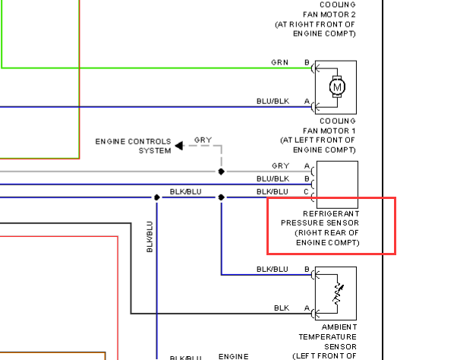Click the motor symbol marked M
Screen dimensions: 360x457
click(336, 87)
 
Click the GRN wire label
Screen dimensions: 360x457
click(279, 62)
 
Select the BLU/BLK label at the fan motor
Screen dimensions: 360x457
click(273, 101)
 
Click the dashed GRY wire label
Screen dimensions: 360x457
click(203, 141)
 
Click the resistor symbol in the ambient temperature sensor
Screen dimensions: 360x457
click(337, 291)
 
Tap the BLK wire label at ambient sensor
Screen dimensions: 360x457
click(282, 308)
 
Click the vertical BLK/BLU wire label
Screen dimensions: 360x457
click(150, 236)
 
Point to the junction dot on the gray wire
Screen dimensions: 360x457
click(221, 172)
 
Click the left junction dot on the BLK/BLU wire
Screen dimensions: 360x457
click(156, 197)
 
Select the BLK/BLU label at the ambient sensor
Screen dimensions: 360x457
click(273, 270)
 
